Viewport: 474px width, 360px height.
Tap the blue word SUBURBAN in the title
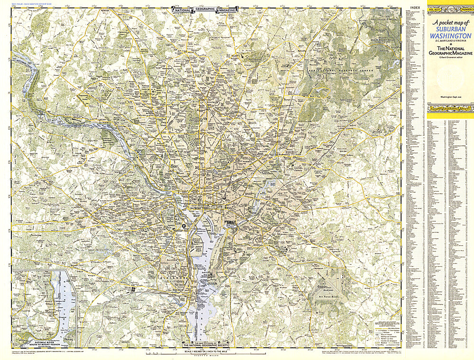[x=449, y=29]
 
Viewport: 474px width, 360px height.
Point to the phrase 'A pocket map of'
[x=449, y=23]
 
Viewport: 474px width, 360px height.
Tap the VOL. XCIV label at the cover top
[x=434, y=9]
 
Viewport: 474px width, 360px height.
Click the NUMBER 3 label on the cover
[x=464, y=9]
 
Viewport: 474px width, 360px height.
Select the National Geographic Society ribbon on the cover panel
[x=449, y=108]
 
